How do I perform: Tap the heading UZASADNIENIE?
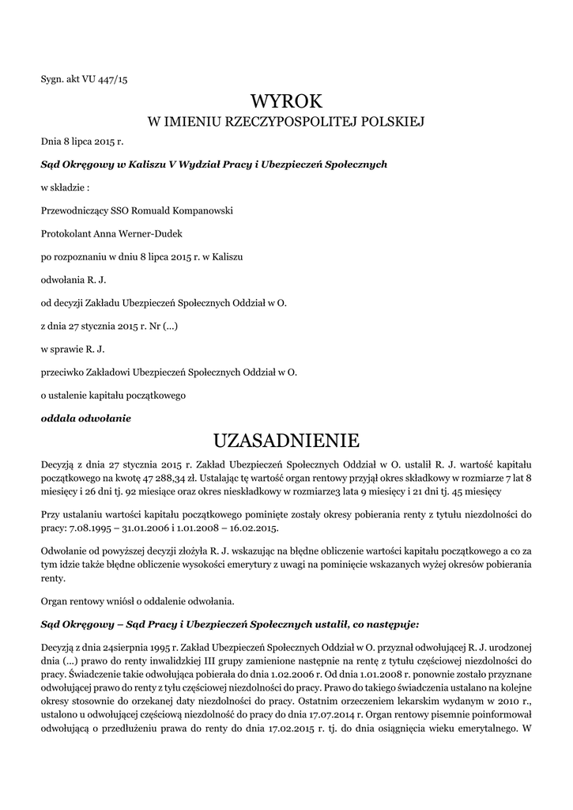[x=287, y=439]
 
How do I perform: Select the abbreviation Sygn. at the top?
[x=53, y=80]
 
